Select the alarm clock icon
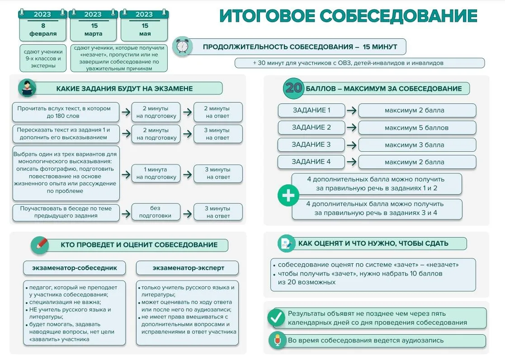pyautogui.click(x=182, y=47)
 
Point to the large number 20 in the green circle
pyautogui.click(x=293, y=88)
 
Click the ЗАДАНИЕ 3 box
pyautogui.click(x=311, y=145)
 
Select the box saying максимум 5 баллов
pyautogui.click(x=417, y=128)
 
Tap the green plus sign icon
pyautogui.click(x=288, y=195)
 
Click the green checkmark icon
pyautogui.click(x=276, y=318)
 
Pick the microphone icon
pyautogui.click(x=277, y=341)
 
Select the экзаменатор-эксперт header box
pyautogui.click(x=188, y=268)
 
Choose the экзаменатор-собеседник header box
pyautogui.click(x=75, y=268)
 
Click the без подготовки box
pyautogui.click(x=156, y=212)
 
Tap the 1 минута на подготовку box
pyautogui.click(x=156, y=173)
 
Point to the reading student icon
pyautogui.click(x=27, y=88)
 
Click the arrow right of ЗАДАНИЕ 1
pyautogui.click(x=352, y=110)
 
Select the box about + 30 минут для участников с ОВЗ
pyautogui.click(x=360, y=63)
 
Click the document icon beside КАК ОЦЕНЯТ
pyautogui.click(x=286, y=243)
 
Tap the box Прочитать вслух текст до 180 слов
pyautogui.click(x=66, y=112)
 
